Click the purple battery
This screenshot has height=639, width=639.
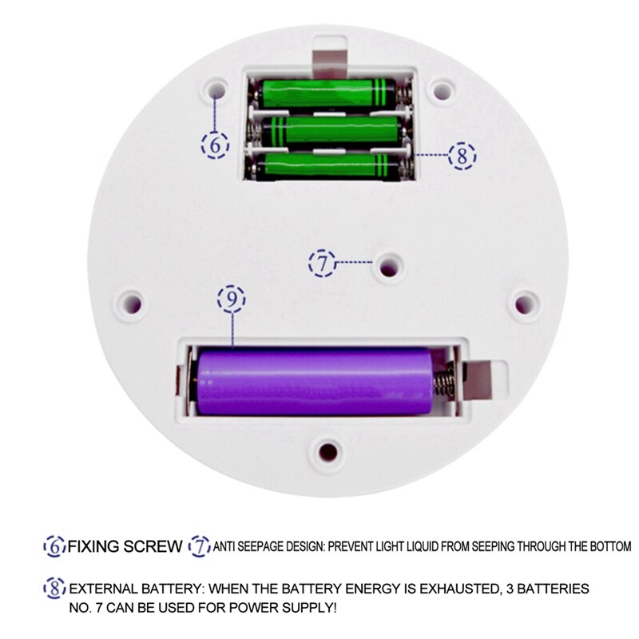[x=315, y=381]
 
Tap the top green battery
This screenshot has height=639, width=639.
[x=327, y=93]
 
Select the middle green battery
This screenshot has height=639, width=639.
[x=331, y=130]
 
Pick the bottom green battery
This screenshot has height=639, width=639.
[x=327, y=166]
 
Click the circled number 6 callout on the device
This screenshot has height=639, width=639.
[x=215, y=145]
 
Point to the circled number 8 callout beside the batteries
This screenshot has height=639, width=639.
[x=462, y=156]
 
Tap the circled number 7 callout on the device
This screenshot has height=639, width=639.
[x=323, y=264]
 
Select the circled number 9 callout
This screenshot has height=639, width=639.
[x=232, y=299]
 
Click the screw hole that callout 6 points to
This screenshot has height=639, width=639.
[x=216, y=89]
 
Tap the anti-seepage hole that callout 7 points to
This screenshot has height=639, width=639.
[x=390, y=268]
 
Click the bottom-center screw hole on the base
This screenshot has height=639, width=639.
[x=328, y=451]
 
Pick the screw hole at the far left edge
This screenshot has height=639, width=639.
[x=132, y=304]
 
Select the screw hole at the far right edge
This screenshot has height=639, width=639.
[x=525, y=304]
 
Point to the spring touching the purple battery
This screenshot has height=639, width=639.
[x=444, y=381]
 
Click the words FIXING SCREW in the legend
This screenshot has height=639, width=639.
[x=125, y=546]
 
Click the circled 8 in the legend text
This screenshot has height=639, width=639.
[x=54, y=589]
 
